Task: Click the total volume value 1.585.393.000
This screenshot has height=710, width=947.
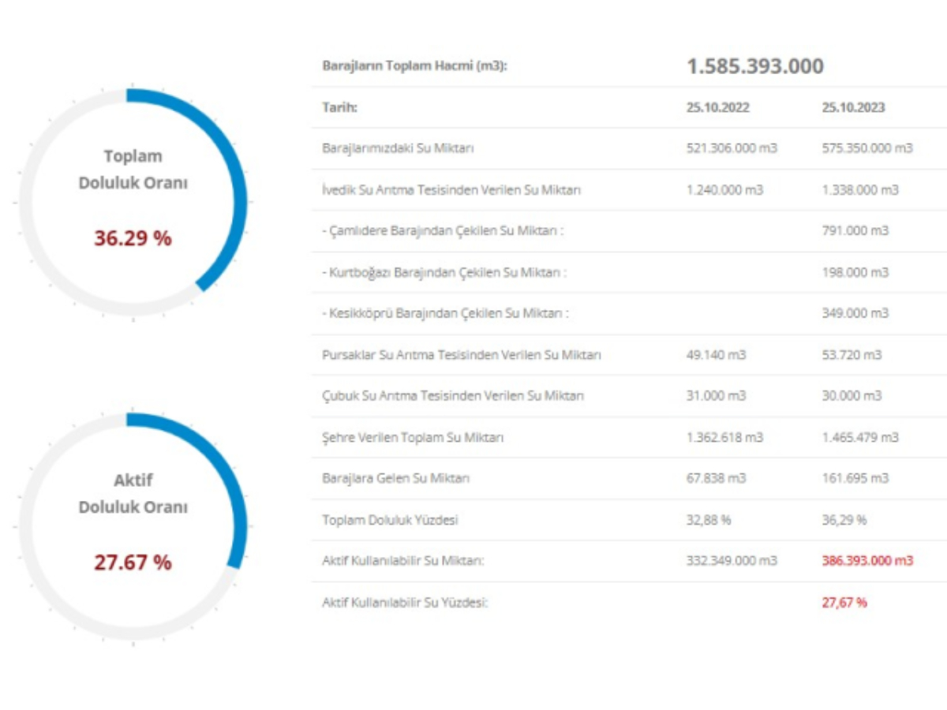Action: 754,66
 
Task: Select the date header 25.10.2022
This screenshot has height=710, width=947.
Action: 717,108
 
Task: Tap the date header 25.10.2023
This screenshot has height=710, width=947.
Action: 852,108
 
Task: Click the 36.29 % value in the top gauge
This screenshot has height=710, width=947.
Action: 133,237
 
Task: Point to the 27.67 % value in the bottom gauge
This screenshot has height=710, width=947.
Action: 133,562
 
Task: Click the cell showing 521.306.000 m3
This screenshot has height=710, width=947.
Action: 732,148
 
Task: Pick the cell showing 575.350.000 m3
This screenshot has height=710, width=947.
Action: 867,148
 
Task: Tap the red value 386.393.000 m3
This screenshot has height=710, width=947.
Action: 867,561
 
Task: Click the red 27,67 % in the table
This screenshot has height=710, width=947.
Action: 844,603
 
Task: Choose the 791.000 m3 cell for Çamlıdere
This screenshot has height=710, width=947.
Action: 855,231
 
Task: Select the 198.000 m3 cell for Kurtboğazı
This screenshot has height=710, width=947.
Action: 855,272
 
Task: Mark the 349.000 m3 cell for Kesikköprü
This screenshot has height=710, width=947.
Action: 855,313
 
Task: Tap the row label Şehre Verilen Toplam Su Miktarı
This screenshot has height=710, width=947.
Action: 413,437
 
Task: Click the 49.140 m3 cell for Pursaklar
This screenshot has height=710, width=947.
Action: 716,355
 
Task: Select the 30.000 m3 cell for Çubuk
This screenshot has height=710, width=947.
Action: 852,396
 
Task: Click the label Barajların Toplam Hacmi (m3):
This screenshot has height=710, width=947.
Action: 414,66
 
